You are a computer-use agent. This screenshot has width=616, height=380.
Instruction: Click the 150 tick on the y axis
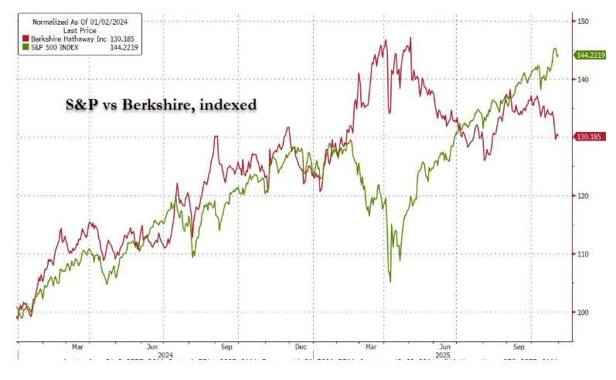pyautogui.click(x=583, y=21)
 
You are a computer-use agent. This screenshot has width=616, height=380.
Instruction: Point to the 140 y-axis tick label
pyautogui.click(x=583, y=80)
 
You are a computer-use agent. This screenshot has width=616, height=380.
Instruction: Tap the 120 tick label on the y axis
pyautogui.click(x=583, y=196)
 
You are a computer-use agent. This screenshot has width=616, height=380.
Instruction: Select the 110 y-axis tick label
pyautogui.click(x=583, y=254)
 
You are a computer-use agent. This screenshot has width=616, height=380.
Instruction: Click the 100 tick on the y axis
pyautogui.click(x=583, y=312)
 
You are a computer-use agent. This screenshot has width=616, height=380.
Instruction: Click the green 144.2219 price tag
pyautogui.click(x=590, y=55)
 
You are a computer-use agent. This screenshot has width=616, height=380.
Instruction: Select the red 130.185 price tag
pyautogui.click(x=589, y=137)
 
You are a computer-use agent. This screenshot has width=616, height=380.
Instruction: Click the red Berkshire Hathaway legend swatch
pyautogui.click(x=25, y=38)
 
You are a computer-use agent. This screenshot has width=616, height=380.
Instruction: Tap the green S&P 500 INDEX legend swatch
pyautogui.click(x=25, y=46)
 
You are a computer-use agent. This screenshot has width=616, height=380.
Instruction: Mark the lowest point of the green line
pyautogui.click(x=390, y=282)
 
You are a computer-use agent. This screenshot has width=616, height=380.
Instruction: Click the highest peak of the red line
pyautogui.click(x=410, y=37)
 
